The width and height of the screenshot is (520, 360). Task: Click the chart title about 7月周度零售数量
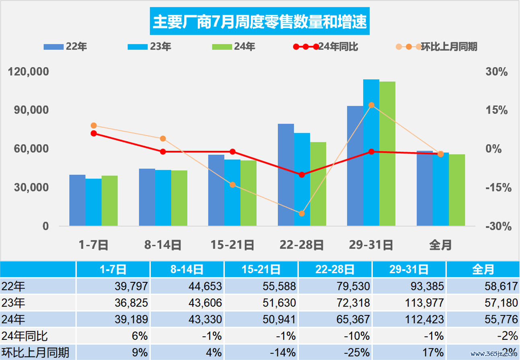[x=259, y=23]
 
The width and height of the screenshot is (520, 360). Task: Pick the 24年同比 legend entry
[x=325, y=47]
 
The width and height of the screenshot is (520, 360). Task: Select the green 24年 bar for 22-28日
[x=318, y=184]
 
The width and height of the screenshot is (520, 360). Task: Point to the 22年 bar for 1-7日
[x=77, y=200]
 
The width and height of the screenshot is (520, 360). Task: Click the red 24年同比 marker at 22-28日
[x=302, y=175]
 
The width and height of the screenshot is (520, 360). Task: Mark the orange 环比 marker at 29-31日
[x=371, y=105]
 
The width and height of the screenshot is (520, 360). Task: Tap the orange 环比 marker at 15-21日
[x=232, y=185]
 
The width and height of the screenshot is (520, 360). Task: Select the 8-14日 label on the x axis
[x=162, y=245]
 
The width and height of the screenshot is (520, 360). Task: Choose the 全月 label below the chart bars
[x=440, y=245]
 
